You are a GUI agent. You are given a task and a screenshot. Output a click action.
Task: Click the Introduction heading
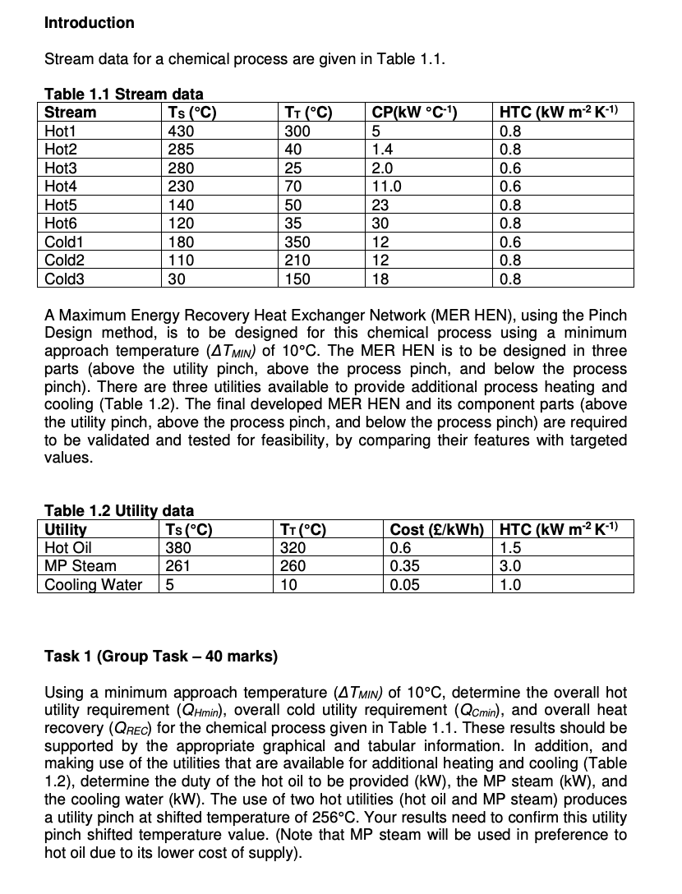point(89,23)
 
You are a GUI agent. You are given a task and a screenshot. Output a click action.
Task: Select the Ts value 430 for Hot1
point(179,131)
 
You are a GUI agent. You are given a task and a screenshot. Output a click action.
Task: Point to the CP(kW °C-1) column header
point(414,113)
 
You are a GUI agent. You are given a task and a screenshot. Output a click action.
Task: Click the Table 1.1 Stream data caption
point(123,94)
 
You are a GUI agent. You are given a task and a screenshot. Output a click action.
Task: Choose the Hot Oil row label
point(67,548)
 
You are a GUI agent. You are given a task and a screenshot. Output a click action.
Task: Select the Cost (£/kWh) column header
point(438,530)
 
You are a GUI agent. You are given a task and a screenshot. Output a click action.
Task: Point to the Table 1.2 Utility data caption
point(118,511)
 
